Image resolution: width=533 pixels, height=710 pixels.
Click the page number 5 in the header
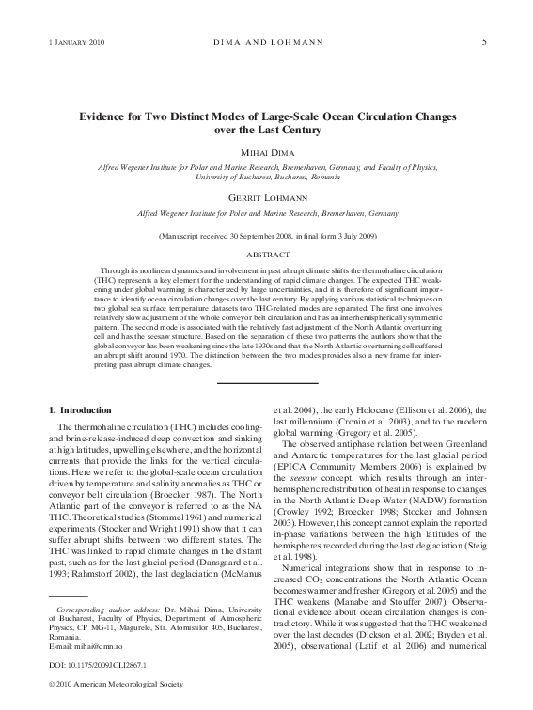483,41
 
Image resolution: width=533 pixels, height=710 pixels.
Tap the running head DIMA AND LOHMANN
266,42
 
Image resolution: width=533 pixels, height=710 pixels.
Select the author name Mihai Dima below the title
267,151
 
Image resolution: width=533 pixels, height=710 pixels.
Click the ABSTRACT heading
267,255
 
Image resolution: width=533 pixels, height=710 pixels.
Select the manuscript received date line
267,236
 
